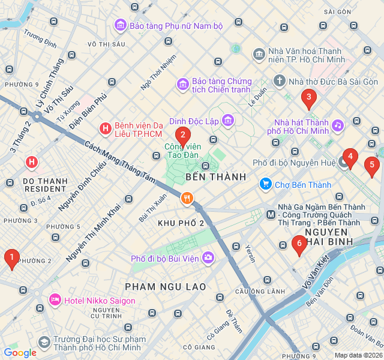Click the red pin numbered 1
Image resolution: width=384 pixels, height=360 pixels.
(11, 259)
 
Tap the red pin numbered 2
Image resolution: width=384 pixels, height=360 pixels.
(183, 135)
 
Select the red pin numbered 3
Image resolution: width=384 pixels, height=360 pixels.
(309, 97)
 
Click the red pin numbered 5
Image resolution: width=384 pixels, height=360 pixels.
(372, 164)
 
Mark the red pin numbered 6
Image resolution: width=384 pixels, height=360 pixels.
(299, 243)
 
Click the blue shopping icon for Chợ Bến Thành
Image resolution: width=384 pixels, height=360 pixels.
(265, 184)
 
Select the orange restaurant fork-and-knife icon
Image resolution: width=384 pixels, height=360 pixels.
(188, 198)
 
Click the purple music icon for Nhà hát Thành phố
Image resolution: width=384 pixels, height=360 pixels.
(338, 125)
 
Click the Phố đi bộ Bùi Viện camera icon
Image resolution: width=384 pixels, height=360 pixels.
(208, 258)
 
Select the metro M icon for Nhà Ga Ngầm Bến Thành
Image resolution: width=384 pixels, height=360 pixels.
(271, 214)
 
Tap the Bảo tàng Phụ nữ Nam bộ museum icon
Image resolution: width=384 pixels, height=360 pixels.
(120, 26)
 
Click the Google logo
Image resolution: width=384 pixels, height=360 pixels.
(20, 353)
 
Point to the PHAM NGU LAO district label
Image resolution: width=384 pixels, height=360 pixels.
(166, 286)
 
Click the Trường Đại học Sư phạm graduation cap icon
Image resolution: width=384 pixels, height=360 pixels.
(44, 342)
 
